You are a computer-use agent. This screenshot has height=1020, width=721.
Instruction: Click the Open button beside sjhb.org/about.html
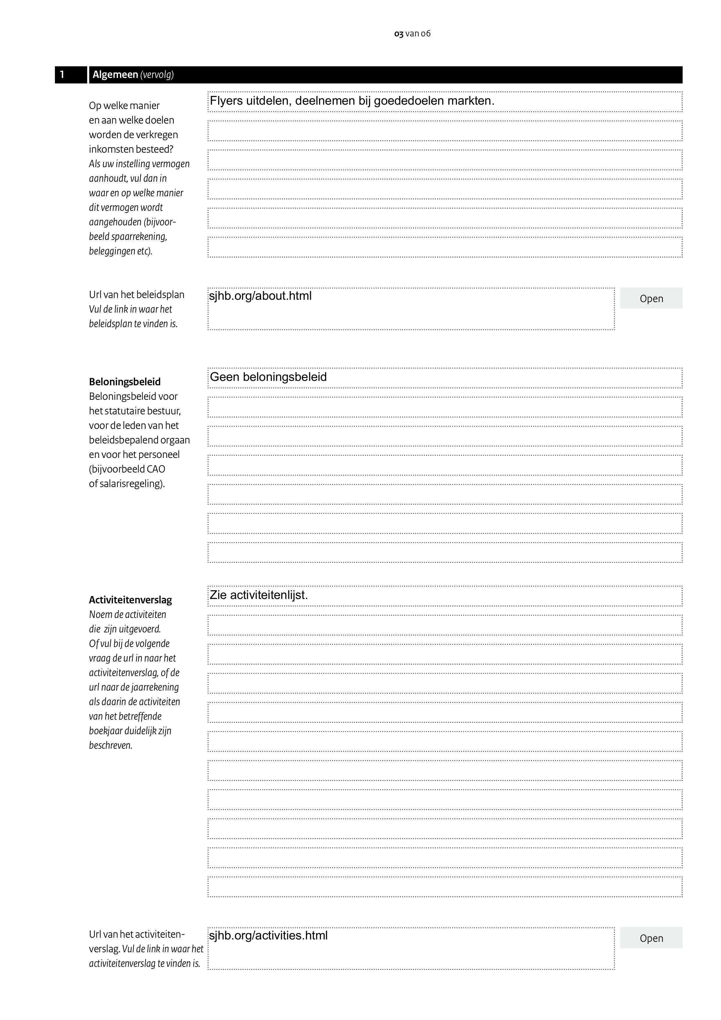point(651,299)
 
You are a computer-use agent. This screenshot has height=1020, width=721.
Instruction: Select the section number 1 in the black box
point(62,75)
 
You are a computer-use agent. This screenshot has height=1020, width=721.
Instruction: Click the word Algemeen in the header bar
point(115,75)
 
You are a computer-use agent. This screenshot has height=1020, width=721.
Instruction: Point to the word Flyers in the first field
point(226,101)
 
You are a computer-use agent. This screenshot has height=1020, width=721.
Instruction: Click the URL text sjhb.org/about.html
point(260,296)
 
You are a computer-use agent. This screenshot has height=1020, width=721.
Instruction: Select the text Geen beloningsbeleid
point(268,377)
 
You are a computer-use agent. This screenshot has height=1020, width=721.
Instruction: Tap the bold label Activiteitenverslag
point(130,600)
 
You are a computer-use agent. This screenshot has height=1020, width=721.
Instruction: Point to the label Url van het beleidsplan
point(136,295)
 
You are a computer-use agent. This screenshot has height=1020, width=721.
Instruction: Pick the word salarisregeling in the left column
point(131,484)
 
